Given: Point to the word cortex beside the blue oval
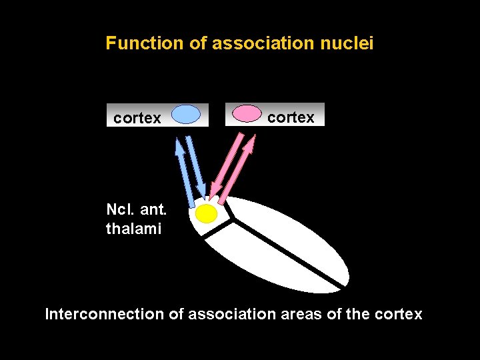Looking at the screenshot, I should click(x=137, y=119).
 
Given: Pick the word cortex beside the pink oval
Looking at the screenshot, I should click(x=291, y=118).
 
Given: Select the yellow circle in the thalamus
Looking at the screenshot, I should click(x=207, y=213).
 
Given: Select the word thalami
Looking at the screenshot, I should click(x=133, y=229).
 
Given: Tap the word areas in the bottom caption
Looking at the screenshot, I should click(x=301, y=314).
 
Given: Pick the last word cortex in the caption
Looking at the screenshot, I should click(x=399, y=314).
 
